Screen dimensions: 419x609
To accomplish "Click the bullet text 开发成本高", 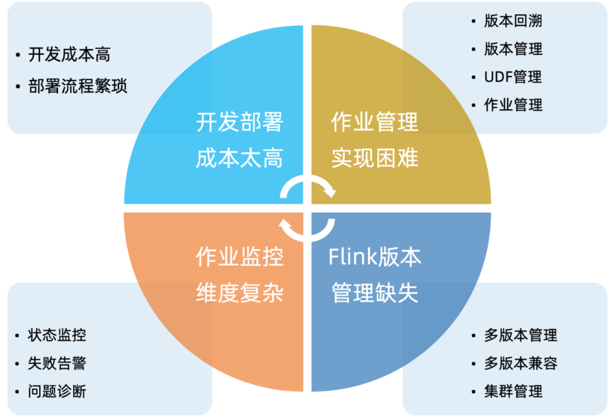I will (69, 55).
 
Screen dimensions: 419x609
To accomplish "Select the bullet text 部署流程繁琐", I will (78, 86).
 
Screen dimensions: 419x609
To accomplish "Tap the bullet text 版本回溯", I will (513, 21).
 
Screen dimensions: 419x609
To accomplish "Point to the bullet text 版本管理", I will (513, 49).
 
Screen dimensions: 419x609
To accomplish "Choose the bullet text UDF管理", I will (513, 77).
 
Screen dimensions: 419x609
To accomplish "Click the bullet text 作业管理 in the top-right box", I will (513, 104).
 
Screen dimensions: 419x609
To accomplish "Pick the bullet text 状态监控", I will (57, 335).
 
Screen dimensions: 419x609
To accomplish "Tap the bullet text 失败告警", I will (57, 363).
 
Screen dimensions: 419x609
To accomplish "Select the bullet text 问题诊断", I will (57, 391).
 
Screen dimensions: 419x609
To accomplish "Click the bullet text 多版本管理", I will (520, 335).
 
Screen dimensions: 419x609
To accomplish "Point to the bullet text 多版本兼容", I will (520, 363).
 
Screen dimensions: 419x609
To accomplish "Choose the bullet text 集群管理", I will (513, 391).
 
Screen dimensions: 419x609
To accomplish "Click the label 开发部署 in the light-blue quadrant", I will (239, 122).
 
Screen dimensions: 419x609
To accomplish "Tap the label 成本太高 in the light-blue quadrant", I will (239, 159).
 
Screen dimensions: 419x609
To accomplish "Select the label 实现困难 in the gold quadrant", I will (374, 159).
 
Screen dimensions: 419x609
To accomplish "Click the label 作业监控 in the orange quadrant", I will (239, 257).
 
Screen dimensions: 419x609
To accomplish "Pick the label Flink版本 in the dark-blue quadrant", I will (374, 257).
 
